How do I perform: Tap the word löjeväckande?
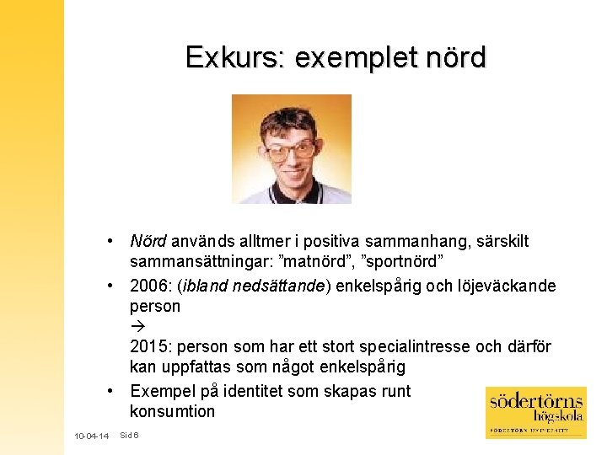[506, 286]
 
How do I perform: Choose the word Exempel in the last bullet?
[162, 391]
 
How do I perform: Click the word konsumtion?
[172, 411]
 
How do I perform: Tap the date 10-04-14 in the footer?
[91, 436]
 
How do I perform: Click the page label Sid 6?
[130, 435]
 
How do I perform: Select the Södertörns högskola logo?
[536, 412]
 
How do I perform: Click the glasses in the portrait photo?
[290, 152]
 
